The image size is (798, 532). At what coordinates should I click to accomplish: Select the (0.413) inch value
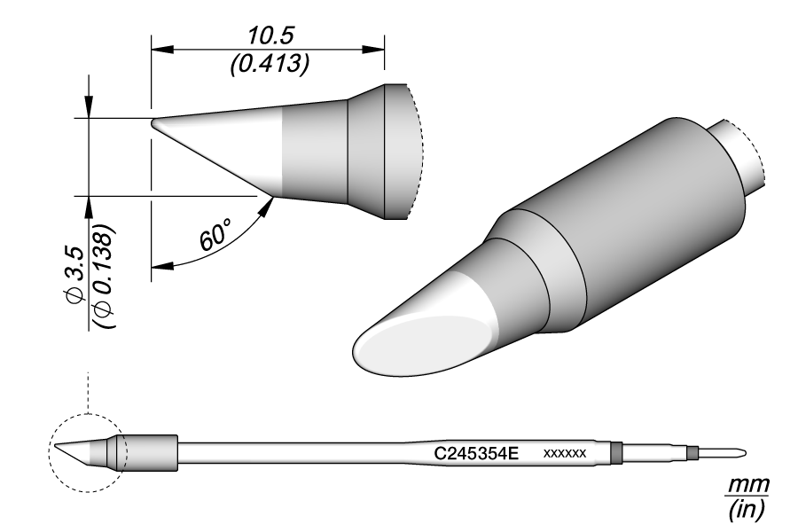pyautogui.click(x=269, y=63)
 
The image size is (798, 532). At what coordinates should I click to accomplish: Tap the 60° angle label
pyautogui.click(x=216, y=238)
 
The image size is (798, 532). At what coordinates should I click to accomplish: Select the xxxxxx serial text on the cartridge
pyautogui.click(x=564, y=453)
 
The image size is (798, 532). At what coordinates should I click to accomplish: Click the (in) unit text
pyautogui.click(x=749, y=510)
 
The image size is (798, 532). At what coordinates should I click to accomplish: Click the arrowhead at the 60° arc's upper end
pyautogui.click(x=268, y=206)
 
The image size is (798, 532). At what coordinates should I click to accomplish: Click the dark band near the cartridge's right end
pyautogui.click(x=617, y=453)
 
